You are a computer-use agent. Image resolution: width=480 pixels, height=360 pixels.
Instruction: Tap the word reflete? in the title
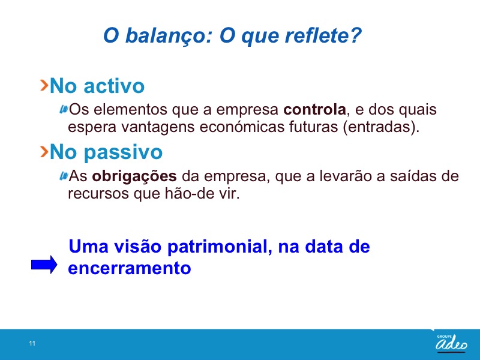pos(323,35)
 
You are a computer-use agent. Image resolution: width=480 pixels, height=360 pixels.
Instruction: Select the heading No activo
pos(97,86)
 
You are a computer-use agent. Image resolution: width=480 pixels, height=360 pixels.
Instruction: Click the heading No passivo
pos(106,152)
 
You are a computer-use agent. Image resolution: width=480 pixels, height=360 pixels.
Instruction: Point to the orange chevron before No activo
pos(44,85)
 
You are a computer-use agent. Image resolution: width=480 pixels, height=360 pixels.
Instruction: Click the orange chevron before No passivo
pos(44,152)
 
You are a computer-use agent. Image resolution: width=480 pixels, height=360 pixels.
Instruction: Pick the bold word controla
pos(314,110)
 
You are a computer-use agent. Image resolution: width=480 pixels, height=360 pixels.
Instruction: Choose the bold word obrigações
pos(134,176)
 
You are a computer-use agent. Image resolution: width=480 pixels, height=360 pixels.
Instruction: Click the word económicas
pos(242,127)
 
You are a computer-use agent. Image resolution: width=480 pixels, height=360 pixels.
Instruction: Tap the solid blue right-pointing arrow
pos(44,265)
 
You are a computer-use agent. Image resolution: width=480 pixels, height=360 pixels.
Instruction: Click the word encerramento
pos(130,268)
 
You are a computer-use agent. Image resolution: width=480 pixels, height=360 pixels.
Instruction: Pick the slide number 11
pos(32,343)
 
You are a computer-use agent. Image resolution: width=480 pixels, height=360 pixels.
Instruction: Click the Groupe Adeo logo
pos(452,343)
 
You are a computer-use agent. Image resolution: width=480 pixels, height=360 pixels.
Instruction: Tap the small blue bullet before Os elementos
pos(64,109)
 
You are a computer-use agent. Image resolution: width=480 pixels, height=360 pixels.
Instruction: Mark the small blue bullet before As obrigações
pos(64,176)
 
